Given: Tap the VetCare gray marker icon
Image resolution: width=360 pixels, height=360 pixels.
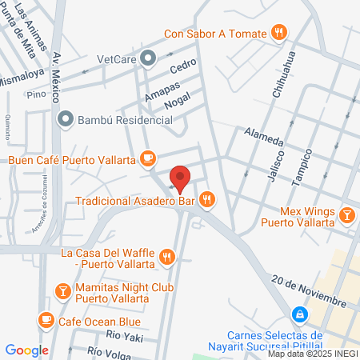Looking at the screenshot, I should coord(148,58).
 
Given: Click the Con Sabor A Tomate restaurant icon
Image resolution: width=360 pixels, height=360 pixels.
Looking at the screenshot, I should coord(278,33).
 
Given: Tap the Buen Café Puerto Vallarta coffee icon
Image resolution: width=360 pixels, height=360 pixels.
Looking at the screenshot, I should coord(146,159).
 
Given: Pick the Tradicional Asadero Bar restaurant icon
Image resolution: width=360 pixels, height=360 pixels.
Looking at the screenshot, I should coord(207,199).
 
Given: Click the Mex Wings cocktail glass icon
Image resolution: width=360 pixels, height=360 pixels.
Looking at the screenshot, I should coord(347,214).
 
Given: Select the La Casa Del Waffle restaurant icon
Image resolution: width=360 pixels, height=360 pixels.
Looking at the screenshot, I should coord(166,257).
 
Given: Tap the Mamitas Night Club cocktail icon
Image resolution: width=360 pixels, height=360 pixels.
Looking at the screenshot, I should coord(62,289).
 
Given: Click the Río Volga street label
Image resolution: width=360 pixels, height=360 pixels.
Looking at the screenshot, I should coord(109,350).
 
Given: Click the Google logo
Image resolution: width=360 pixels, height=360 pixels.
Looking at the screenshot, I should coord(27,350).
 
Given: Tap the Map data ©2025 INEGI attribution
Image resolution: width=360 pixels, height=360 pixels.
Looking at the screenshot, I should coord(311,354).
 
